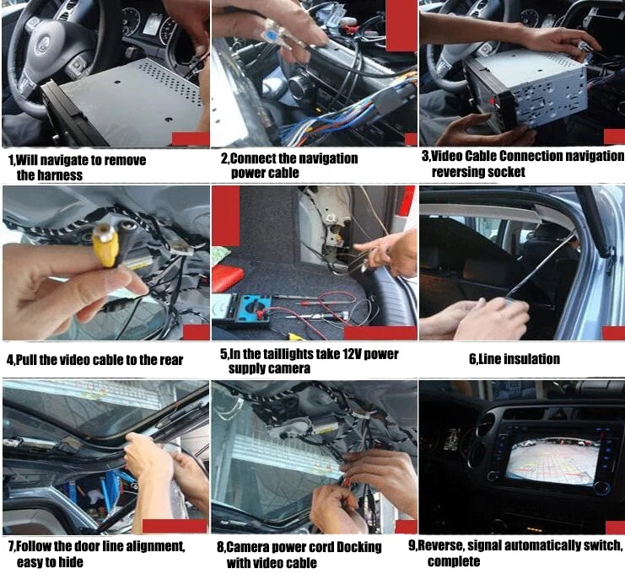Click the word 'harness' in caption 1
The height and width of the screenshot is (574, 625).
[x=62, y=175]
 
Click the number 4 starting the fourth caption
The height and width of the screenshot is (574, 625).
[x=9, y=360]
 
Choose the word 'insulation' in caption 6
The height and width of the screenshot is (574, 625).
[x=532, y=359]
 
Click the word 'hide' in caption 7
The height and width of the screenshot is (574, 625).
[x=69, y=561]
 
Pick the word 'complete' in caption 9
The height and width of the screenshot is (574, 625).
[x=453, y=561]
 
